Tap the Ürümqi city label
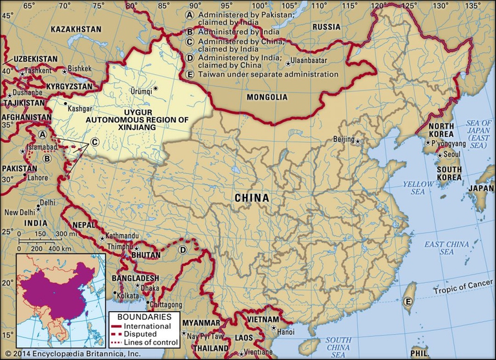142,91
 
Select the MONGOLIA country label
267,98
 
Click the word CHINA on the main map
252,197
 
